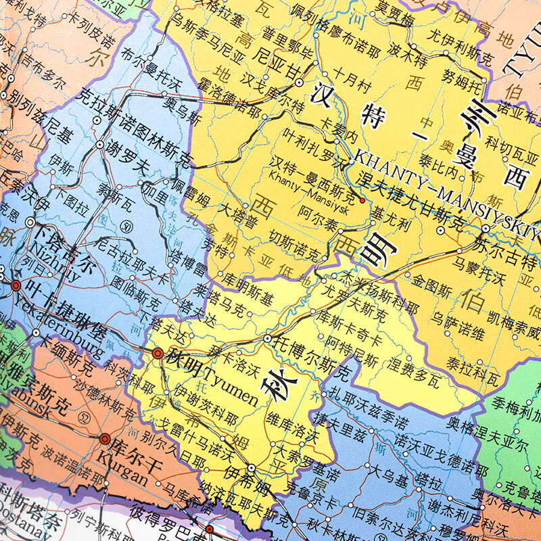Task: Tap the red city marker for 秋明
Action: (158, 353)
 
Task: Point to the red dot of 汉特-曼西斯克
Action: (362, 200)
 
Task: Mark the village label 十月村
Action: (351, 77)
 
